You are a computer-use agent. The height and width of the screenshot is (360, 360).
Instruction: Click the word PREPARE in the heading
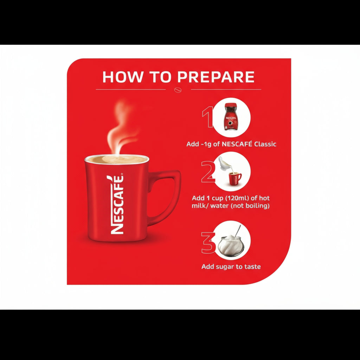click(x=216, y=77)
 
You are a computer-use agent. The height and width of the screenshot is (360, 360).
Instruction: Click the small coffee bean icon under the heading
click(x=178, y=89)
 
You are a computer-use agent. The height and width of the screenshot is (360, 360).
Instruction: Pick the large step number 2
click(x=208, y=172)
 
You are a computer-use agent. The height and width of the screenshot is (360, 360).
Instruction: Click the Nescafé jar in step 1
click(x=231, y=117)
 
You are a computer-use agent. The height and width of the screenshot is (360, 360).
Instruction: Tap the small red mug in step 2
click(x=235, y=179)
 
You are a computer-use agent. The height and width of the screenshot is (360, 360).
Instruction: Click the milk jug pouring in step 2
click(x=223, y=163)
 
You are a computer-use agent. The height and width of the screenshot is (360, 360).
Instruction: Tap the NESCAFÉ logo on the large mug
click(x=117, y=204)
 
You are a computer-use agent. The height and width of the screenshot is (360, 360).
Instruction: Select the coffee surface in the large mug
click(x=117, y=160)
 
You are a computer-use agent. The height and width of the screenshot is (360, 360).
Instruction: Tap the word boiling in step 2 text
click(x=258, y=206)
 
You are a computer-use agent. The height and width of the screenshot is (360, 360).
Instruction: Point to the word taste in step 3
click(x=252, y=266)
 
